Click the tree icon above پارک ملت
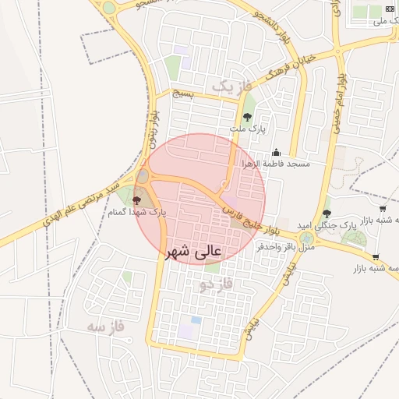tap(247, 117)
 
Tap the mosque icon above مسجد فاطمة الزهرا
tap(276, 154)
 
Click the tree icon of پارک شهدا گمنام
tap(138, 200)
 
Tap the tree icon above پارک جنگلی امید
tap(327, 213)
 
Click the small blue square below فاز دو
tap(196, 320)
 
